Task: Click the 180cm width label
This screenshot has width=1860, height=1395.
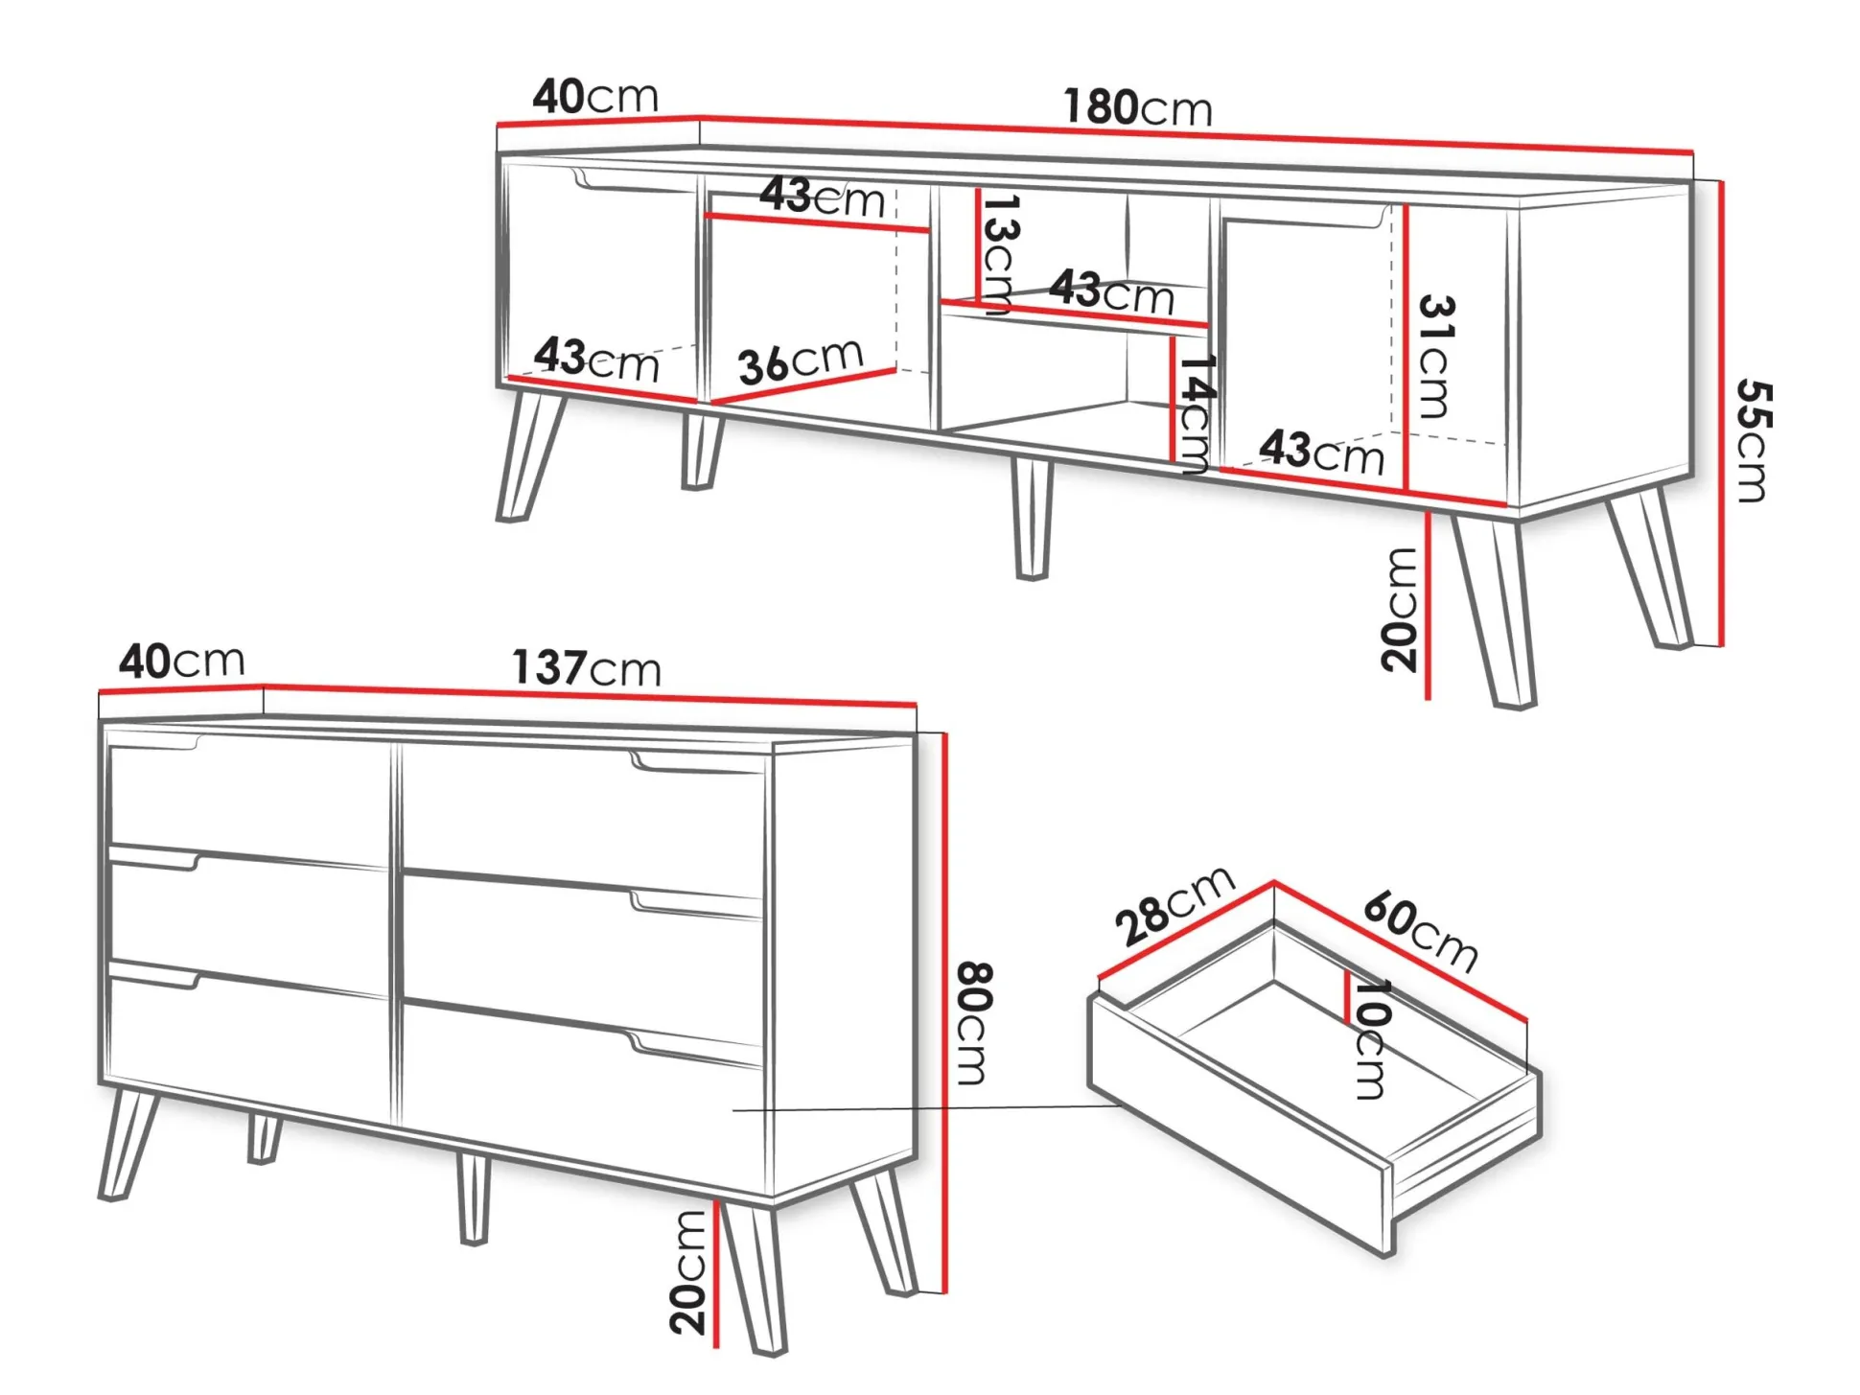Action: click(1137, 107)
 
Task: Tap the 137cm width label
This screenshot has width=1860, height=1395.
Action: click(586, 667)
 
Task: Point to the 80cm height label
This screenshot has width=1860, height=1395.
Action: click(974, 1023)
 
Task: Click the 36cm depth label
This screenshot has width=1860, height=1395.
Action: click(801, 361)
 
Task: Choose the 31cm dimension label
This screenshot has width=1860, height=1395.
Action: click(1435, 357)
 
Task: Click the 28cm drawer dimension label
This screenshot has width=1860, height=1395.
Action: click(1174, 905)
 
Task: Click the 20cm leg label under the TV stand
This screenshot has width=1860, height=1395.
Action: click(1399, 609)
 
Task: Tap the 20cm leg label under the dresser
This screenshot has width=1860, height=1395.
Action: click(688, 1272)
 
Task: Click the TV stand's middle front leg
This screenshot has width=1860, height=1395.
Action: click(1032, 519)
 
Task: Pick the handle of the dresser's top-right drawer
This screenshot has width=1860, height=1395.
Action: click(695, 763)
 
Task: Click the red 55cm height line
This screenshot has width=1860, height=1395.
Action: click(1723, 413)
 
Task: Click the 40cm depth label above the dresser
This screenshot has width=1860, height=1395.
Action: click(182, 662)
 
